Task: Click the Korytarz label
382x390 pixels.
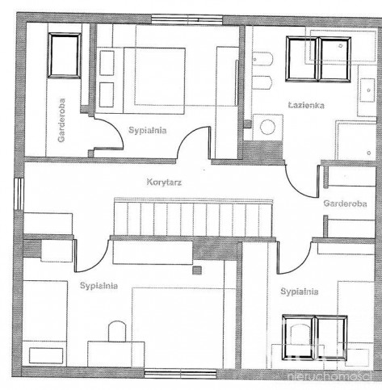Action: [x=164, y=182]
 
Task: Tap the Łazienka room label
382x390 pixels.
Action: [x=306, y=105]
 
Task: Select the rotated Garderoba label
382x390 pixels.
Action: [x=61, y=120]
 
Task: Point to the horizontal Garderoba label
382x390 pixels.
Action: [x=345, y=203]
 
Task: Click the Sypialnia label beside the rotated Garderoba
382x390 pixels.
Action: [x=148, y=131]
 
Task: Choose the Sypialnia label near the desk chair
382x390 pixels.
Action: [x=99, y=286]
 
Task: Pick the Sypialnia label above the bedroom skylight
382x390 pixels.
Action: [x=300, y=291]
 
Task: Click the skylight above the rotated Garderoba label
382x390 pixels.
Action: [x=65, y=56]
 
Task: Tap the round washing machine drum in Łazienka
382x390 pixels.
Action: [x=267, y=127]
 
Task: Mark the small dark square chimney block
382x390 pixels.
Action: [x=197, y=270]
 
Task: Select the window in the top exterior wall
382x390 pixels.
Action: [x=187, y=19]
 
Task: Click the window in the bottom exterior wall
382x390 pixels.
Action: [x=180, y=374]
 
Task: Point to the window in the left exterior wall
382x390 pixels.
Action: [x=19, y=194]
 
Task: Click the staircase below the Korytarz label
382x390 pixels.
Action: [x=194, y=217]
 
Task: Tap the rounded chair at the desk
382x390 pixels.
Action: [x=117, y=331]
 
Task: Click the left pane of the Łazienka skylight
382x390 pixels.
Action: [x=302, y=59]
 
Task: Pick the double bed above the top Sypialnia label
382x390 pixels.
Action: [x=141, y=81]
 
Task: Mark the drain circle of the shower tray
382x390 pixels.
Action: [x=368, y=153]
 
